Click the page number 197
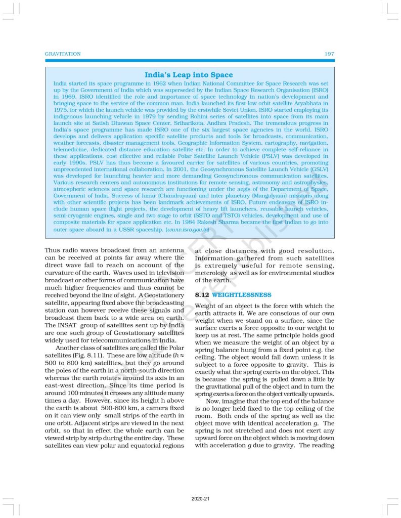[x=329, y=54]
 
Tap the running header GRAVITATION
[x=63, y=54]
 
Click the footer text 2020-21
[x=200, y=499]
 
